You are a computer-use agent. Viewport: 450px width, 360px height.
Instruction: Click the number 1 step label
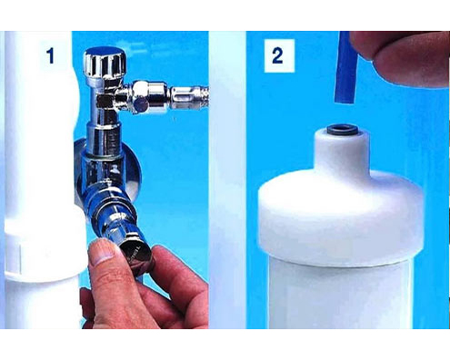[x=50, y=56]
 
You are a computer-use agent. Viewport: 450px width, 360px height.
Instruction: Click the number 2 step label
[x=277, y=56]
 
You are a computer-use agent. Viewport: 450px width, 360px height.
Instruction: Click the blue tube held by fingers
[x=345, y=67]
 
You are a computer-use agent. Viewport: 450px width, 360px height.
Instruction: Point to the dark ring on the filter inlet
[x=343, y=131]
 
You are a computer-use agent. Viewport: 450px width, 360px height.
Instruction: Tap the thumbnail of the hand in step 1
[x=101, y=253]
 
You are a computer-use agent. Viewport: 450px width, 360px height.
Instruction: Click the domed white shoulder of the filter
[x=341, y=215]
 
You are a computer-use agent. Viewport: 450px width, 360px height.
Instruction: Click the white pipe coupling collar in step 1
[x=45, y=247]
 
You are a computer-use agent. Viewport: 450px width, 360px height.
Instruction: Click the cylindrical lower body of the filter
[x=339, y=294]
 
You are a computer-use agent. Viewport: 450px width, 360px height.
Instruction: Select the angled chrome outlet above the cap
[x=115, y=209]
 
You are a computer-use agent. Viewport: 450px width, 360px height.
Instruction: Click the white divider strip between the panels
[x=227, y=180]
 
